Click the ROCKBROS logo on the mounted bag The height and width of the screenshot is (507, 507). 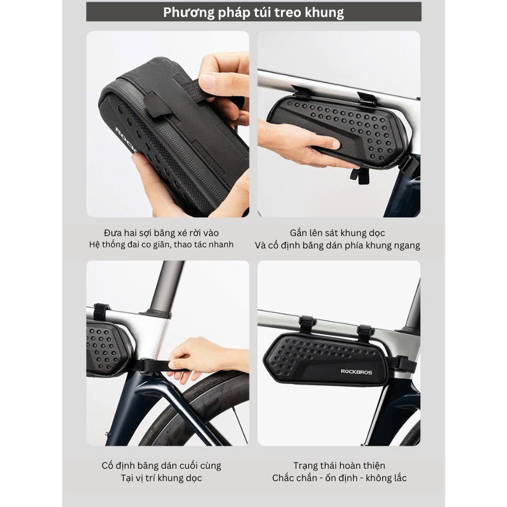coord(357,372)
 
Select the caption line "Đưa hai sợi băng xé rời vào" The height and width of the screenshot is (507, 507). coord(161,233)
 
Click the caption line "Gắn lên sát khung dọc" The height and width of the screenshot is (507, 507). coord(337,233)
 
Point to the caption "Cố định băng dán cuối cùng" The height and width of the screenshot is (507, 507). coord(161,465)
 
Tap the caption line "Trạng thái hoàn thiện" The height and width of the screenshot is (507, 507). coord(339,465)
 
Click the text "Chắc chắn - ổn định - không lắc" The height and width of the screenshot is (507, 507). coord(339,478)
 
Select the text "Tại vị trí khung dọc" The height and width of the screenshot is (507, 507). coord(161,478)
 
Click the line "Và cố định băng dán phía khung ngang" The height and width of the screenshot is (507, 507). coord(337,245)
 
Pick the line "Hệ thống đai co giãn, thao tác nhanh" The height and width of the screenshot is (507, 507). coord(161,244)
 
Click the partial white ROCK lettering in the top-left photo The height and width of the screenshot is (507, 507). coord(126,140)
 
